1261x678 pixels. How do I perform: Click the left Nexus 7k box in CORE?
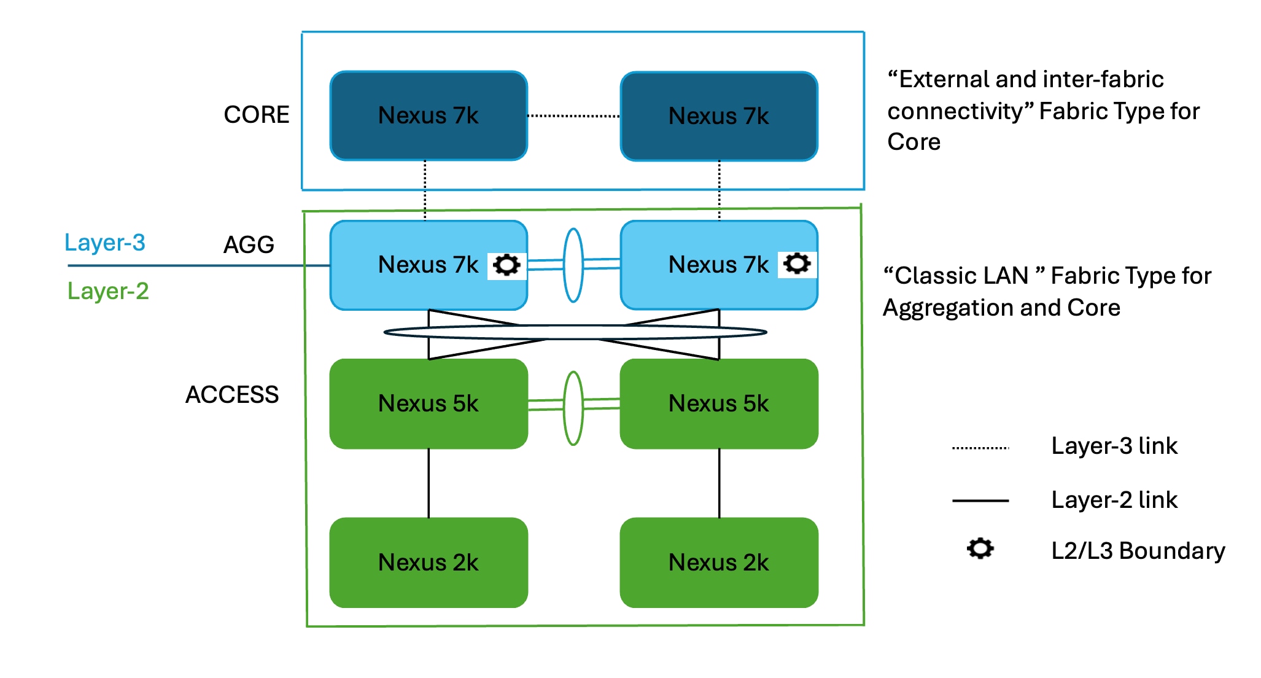[x=429, y=115]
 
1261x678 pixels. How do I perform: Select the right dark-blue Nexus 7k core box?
[x=718, y=116]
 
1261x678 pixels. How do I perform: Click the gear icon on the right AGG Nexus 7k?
[x=797, y=264]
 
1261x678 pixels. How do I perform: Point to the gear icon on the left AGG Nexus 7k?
[x=506, y=265]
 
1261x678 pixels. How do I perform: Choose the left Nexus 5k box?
[x=429, y=403]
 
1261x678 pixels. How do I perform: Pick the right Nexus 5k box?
[x=718, y=403]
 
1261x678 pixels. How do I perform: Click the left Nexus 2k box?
[x=429, y=563]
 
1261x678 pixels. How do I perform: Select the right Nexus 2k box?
[x=718, y=563]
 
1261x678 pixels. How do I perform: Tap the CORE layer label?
[x=256, y=115]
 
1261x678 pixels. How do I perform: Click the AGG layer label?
[x=248, y=245]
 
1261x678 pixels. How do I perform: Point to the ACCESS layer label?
[x=232, y=395]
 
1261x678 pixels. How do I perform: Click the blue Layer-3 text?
[x=105, y=243]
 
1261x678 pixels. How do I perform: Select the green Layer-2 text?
[x=108, y=291]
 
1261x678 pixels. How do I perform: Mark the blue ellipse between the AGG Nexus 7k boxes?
[x=573, y=265]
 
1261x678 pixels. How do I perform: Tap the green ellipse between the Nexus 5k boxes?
[x=573, y=408]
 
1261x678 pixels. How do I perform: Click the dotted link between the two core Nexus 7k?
[x=573, y=115]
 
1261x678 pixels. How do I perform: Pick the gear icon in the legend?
[x=980, y=548]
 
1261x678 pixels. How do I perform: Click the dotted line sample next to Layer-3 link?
[x=980, y=448]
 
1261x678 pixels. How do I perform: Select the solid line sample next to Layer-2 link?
[x=980, y=501]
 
